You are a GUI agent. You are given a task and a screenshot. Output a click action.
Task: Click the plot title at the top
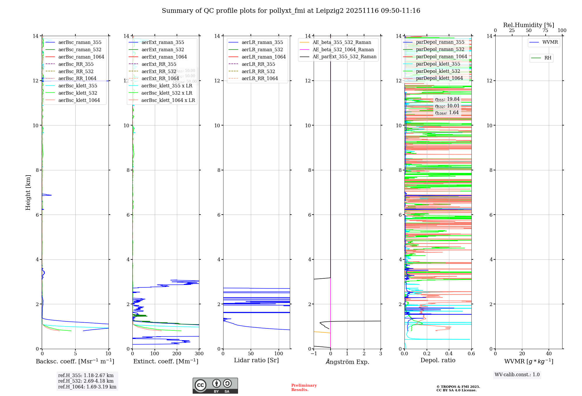click(291, 11)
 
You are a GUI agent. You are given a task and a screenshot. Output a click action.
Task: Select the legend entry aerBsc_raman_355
click(80, 43)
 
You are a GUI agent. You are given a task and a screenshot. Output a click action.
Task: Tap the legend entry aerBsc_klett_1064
click(79, 100)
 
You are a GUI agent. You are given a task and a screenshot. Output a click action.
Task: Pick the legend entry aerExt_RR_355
click(159, 64)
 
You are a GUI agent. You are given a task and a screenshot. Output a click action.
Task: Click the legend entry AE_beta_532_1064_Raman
click(343, 49)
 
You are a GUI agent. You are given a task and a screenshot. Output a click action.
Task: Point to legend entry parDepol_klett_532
click(438, 71)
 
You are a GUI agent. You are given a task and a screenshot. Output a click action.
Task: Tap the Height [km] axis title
click(28, 192)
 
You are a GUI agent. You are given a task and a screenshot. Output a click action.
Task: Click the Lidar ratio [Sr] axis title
click(256, 360)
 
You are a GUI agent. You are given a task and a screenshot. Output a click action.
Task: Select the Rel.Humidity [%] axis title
click(528, 25)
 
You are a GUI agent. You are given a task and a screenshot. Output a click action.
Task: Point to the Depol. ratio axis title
click(438, 360)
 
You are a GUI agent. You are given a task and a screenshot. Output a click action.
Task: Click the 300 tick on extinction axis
click(199, 354)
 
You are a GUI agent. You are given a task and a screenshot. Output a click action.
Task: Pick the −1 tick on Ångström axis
click(313, 354)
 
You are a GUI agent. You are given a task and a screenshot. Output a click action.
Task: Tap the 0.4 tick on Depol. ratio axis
click(449, 354)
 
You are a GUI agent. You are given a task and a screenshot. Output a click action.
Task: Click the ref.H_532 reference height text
click(86, 381)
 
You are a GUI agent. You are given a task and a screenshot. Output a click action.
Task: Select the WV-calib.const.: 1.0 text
click(517, 375)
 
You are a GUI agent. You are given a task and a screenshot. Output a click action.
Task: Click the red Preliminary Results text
click(304, 387)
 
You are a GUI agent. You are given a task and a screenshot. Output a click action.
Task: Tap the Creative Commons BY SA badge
click(215, 386)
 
